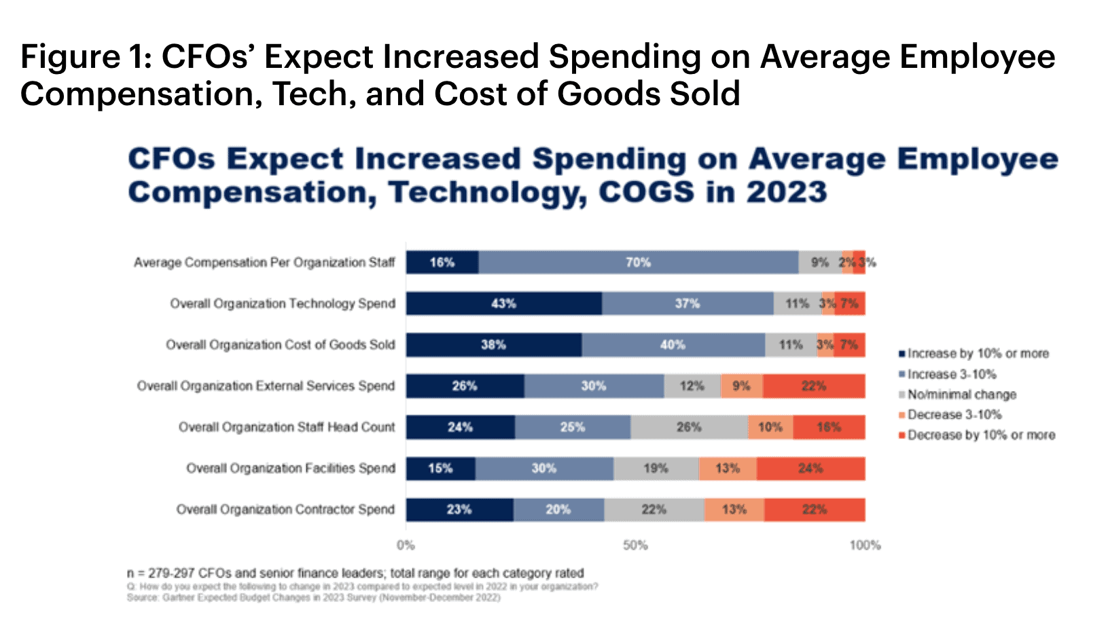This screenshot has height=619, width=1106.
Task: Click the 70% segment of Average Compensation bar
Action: point(639,263)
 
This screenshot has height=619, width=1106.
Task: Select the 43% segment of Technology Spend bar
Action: point(503,303)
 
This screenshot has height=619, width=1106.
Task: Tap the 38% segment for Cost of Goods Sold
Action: point(493,345)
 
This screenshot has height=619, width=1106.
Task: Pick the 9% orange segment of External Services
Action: point(741,386)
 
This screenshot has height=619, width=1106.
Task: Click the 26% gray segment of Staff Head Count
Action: point(689,428)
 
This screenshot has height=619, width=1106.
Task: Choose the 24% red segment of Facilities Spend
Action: point(810,468)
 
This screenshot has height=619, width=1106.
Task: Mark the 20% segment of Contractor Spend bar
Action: point(558,510)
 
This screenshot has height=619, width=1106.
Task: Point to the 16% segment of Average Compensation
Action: point(442,263)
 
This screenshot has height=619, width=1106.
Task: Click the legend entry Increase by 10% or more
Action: point(977,354)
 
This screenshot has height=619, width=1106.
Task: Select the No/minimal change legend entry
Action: point(961,394)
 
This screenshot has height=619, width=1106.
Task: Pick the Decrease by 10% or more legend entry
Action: point(980,435)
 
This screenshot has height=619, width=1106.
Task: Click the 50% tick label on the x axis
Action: point(635,545)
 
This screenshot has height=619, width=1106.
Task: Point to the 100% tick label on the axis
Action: point(865,545)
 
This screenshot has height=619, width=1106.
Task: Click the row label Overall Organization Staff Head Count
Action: point(286,428)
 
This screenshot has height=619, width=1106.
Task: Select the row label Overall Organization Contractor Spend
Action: point(285,510)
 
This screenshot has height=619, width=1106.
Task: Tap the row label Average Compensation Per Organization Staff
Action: point(264,263)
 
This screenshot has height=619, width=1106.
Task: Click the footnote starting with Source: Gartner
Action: point(313,598)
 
